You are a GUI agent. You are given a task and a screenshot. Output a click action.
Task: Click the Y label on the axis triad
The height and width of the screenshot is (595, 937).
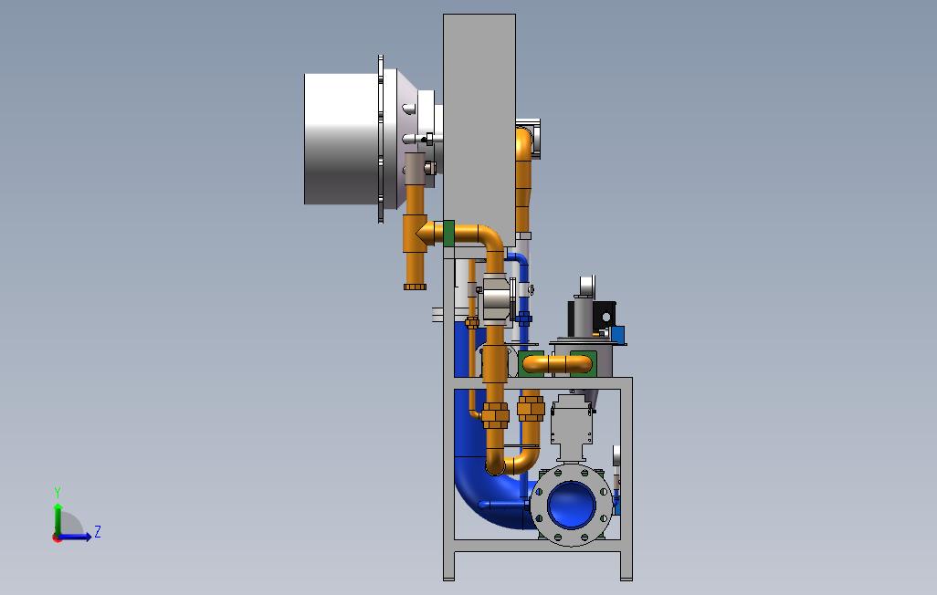click(58, 492)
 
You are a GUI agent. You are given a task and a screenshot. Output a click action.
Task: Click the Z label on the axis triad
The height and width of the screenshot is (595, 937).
click(98, 531)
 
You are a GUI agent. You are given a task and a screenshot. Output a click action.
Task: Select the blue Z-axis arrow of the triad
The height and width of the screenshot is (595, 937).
click(74, 537)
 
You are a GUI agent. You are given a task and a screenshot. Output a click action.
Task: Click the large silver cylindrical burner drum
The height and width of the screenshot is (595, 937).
click(342, 139)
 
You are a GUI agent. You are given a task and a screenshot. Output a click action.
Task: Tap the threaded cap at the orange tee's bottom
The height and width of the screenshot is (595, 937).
click(415, 287)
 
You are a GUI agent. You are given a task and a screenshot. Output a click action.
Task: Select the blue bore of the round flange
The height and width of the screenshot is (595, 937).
click(572, 505)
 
